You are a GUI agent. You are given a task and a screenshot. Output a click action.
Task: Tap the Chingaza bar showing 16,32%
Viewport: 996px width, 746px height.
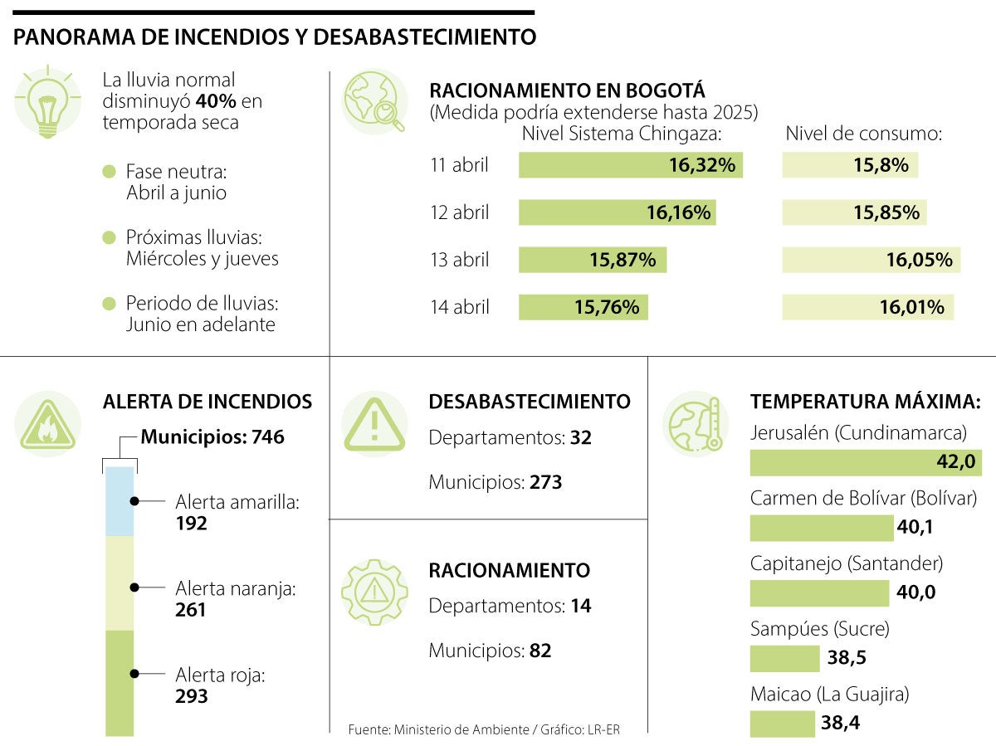click(x=630, y=165)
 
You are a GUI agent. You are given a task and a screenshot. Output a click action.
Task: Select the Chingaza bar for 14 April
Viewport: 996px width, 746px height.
click(x=583, y=308)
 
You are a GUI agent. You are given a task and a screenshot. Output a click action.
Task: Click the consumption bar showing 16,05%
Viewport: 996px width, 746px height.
click(x=871, y=261)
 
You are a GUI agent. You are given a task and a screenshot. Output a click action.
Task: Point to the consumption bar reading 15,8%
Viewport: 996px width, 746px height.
click(x=850, y=165)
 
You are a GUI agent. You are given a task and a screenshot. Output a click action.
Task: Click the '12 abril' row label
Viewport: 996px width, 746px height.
click(x=459, y=213)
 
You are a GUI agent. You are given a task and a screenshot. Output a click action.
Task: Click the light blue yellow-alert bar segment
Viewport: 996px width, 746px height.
click(x=120, y=500)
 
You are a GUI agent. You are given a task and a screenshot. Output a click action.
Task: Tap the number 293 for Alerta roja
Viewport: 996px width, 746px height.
click(x=192, y=696)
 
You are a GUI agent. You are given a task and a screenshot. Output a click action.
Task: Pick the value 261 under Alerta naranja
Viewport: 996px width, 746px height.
click(x=192, y=610)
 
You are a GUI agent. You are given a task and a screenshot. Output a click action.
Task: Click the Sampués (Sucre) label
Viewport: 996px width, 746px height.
click(x=819, y=629)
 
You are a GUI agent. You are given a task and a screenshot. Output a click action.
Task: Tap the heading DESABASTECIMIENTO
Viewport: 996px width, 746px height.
click(x=529, y=402)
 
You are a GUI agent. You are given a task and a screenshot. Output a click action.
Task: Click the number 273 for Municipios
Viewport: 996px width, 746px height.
click(x=545, y=482)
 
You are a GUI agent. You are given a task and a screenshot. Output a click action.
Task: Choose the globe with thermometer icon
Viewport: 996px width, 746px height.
click(x=696, y=424)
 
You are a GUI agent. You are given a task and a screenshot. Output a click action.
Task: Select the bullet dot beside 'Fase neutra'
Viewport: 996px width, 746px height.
click(x=109, y=173)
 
